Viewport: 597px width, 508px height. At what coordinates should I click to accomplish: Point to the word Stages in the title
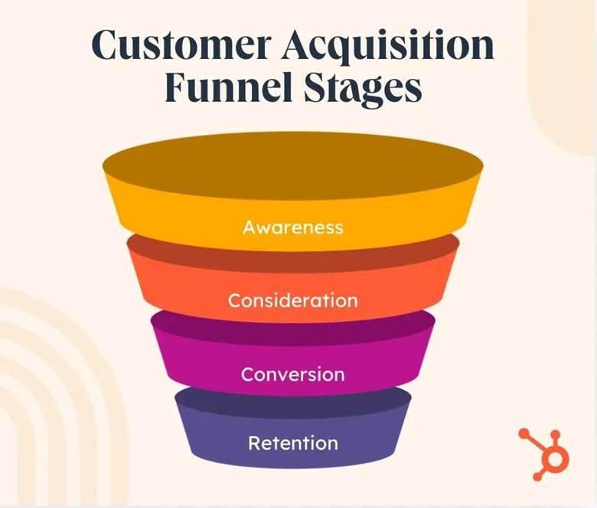[x=365, y=89]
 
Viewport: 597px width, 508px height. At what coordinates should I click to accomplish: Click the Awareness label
[x=293, y=228]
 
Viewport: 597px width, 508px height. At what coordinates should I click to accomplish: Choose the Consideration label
[x=293, y=300]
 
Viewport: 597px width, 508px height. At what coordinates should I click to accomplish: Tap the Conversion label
[x=293, y=375]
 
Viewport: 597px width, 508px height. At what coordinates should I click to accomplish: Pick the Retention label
[x=293, y=443]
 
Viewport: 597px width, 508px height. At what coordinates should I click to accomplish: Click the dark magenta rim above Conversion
[x=293, y=327]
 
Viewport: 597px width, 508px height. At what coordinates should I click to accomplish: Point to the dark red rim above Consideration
[x=293, y=253]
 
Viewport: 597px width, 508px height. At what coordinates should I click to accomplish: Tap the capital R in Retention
[x=254, y=443]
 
